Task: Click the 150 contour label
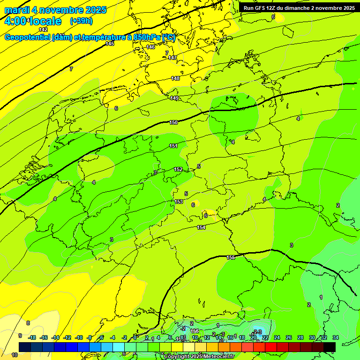(x=173, y=122)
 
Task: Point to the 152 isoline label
(x=178, y=169)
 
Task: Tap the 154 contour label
(x=201, y=227)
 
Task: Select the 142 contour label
(x=43, y=30)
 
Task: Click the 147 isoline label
(x=172, y=58)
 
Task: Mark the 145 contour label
(x=110, y=44)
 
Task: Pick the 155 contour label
(x=231, y=257)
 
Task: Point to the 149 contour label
(x=174, y=98)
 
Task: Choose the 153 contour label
(x=179, y=202)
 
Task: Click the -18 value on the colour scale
(x=32, y=337)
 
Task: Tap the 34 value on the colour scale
(x=336, y=337)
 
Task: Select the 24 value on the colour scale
(x=277, y=337)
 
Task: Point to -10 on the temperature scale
(x=79, y=337)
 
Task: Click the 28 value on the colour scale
(x=300, y=337)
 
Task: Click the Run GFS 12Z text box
(x=299, y=7)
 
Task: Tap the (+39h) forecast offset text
(x=81, y=21)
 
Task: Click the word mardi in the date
(x=16, y=10)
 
